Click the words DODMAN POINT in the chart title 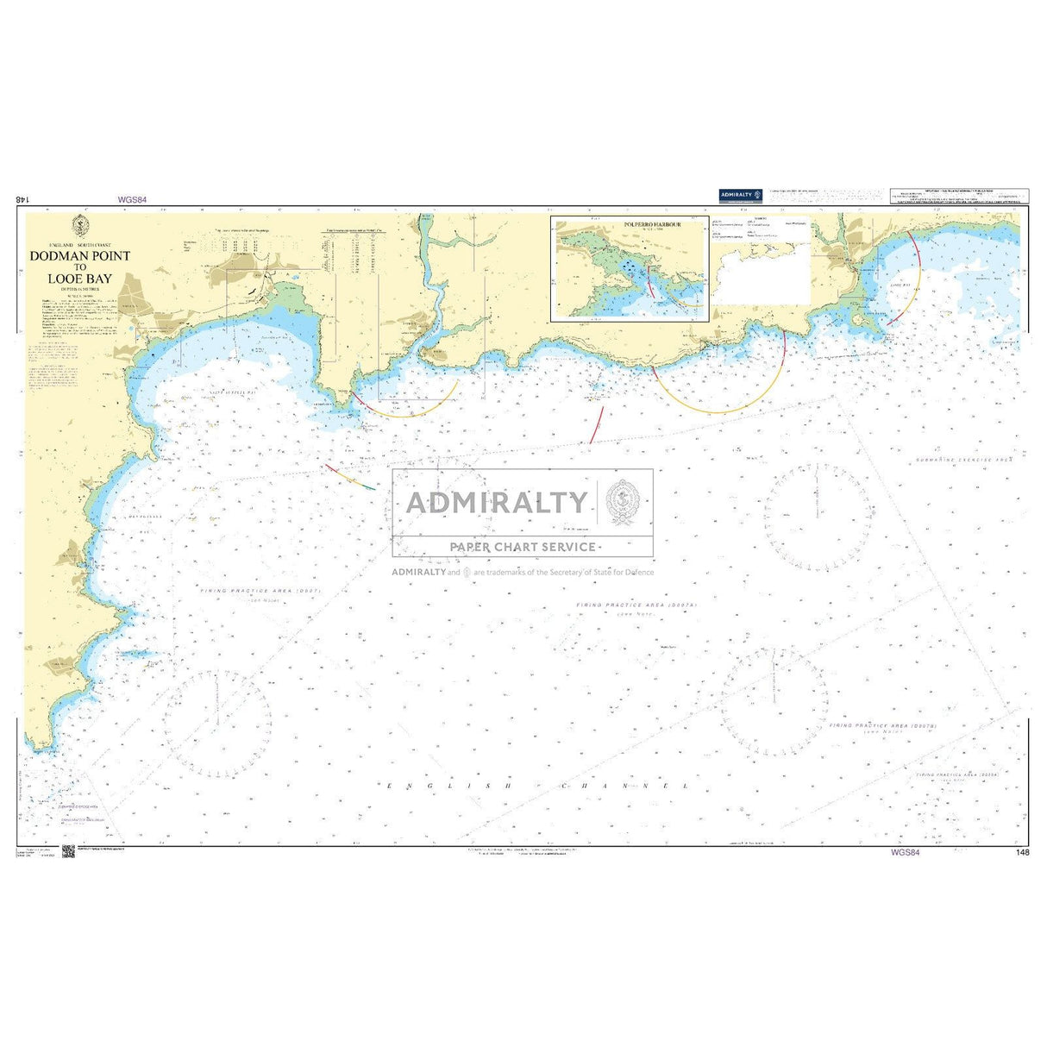(x=79, y=256)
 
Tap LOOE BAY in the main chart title (x=79, y=279)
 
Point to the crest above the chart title (x=79, y=226)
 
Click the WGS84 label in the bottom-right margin (x=906, y=853)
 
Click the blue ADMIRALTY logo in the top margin (x=740, y=196)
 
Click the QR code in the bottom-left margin (x=69, y=852)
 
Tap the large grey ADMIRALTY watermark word (x=497, y=502)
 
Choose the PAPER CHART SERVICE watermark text (x=523, y=547)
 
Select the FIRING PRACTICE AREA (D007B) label (x=882, y=726)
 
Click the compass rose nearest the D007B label (x=774, y=703)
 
